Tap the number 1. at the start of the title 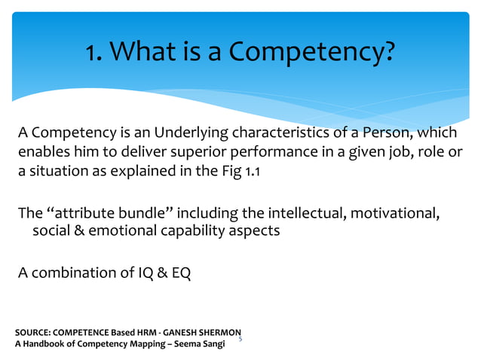tap(94, 53)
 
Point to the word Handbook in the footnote tap(48, 345)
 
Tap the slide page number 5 tap(240, 340)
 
